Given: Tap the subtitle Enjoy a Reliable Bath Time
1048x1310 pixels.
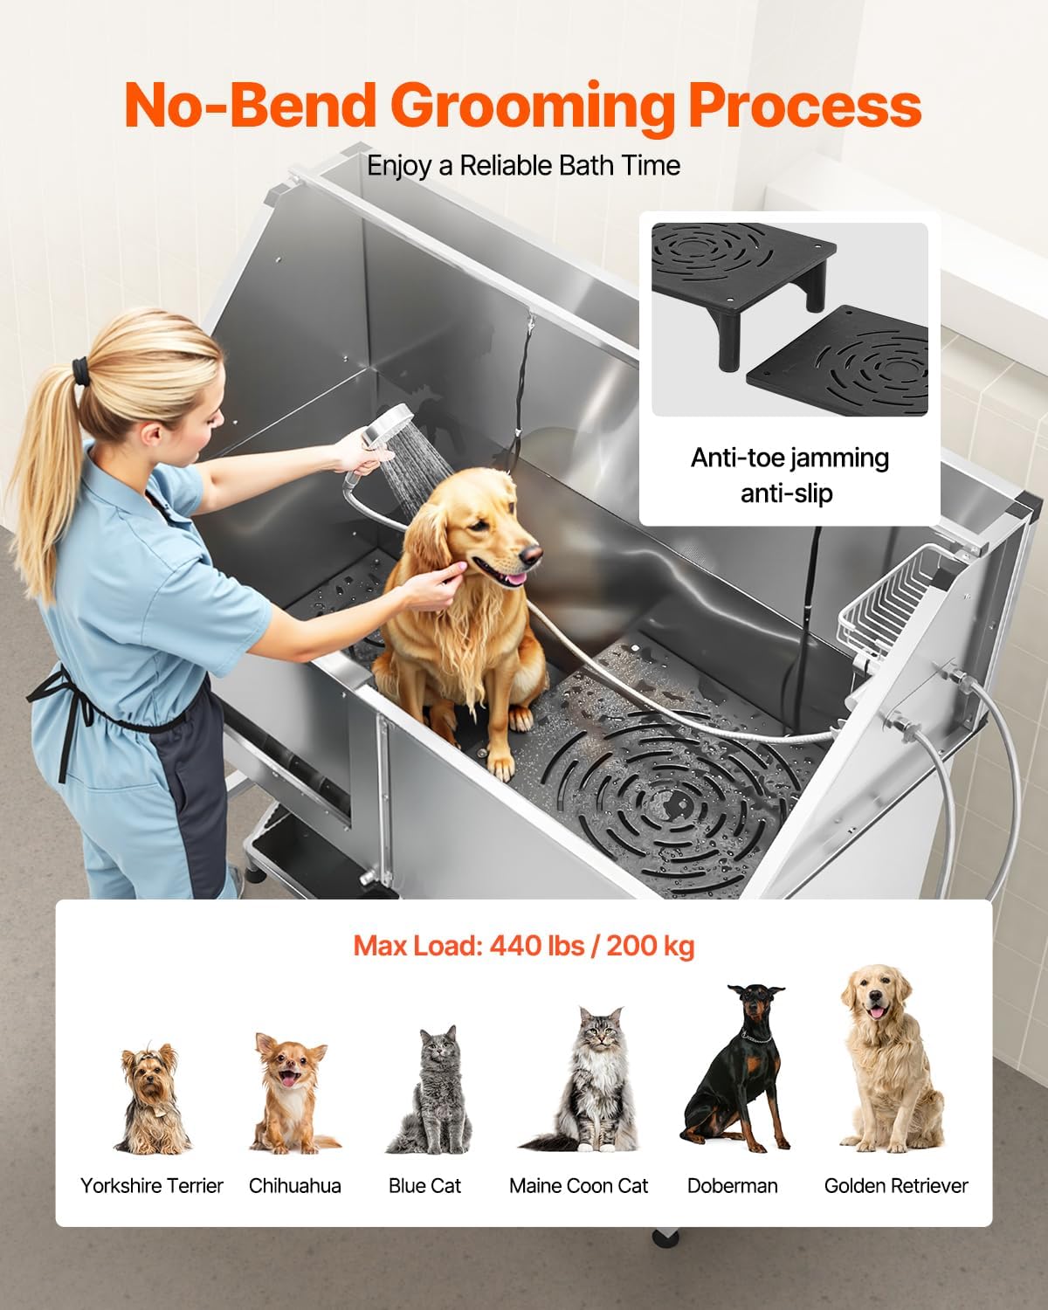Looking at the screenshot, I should [x=523, y=165].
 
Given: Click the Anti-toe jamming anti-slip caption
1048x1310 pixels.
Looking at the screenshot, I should [x=789, y=475].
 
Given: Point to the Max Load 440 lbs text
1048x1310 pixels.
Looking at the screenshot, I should [x=524, y=945].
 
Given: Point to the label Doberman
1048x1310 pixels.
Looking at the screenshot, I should [x=732, y=1185].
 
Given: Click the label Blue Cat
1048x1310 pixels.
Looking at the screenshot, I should [x=424, y=1185].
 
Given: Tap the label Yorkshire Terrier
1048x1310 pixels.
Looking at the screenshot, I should [x=152, y=1185].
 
